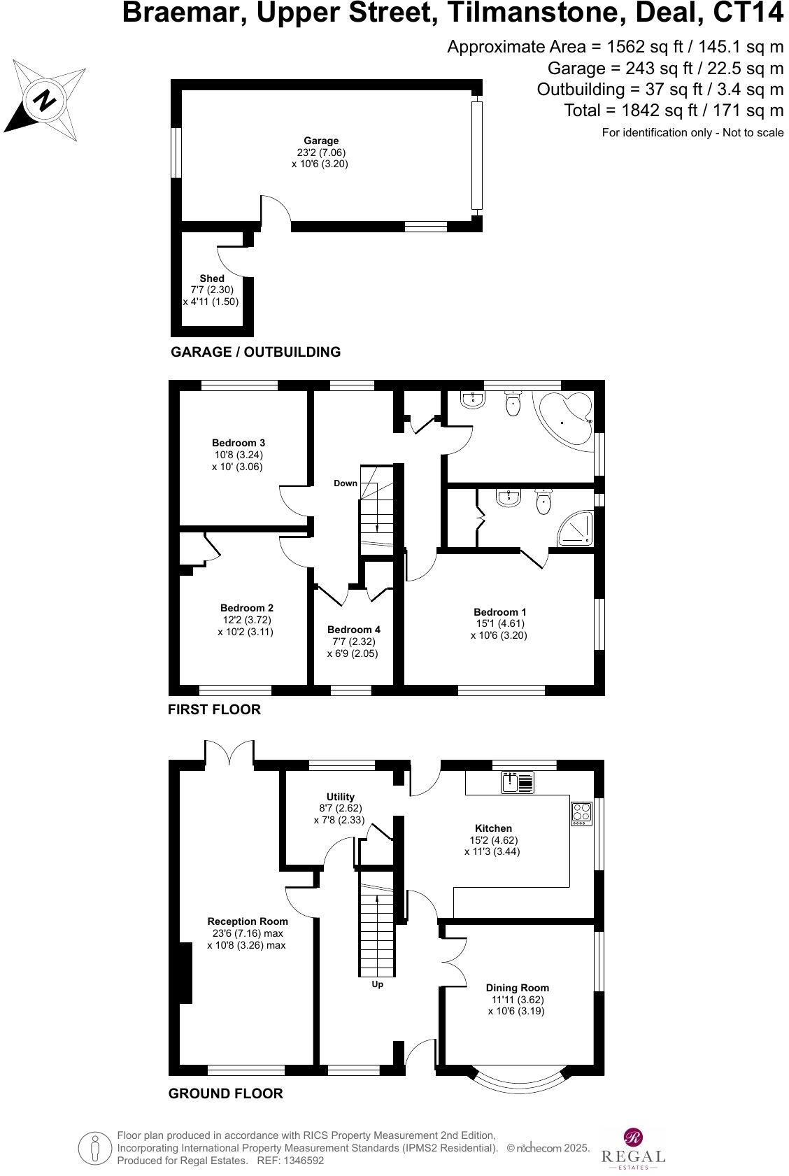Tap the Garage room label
(321, 141)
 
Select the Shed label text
(212, 278)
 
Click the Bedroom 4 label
(354, 630)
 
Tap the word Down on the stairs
(345, 483)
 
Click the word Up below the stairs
(377, 984)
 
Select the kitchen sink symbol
(518, 782)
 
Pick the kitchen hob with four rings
(582, 812)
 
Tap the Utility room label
(341, 797)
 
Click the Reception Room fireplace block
(186, 972)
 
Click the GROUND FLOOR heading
(226, 1093)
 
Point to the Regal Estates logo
(633, 1147)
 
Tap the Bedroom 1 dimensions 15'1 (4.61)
(499, 624)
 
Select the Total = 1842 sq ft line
(674, 111)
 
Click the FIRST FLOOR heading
(214, 709)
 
